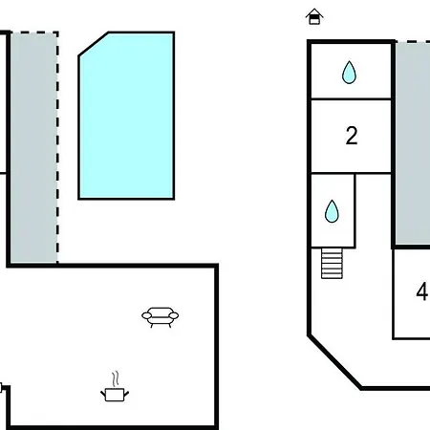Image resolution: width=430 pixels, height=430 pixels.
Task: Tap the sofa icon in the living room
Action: tap(161, 317)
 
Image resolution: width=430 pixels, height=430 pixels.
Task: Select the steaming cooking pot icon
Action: tap(115, 387)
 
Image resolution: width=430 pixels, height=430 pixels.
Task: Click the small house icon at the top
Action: tap(314, 16)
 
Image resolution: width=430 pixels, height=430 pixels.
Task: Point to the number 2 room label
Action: tap(352, 136)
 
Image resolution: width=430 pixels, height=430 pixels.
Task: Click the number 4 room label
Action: tap(422, 291)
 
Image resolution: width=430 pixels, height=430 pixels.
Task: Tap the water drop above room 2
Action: tap(349, 73)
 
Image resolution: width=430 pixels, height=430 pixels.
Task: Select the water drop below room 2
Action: tap(332, 211)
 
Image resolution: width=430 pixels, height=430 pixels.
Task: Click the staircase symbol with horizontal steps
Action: tap(332, 264)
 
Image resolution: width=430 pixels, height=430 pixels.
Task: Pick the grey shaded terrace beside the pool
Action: tap(34, 147)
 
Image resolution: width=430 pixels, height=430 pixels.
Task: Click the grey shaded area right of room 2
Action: tap(413, 143)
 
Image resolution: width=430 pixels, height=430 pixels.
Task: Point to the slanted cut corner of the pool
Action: tap(94, 44)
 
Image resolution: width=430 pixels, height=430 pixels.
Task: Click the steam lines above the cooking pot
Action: tap(116, 378)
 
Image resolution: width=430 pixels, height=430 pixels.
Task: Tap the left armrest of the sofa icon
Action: tap(146, 315)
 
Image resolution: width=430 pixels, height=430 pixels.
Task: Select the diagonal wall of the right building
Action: tap(334, 361)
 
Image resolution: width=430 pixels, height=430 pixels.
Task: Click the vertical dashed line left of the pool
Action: tap(57, 147)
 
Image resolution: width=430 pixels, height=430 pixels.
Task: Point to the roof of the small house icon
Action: tap(314, 12)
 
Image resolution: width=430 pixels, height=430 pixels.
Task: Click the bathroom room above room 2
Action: tap(351, 71)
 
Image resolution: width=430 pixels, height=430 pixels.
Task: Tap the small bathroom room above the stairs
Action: tap(333, 210)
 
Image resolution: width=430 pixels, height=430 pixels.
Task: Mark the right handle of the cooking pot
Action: tap(126, 395)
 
